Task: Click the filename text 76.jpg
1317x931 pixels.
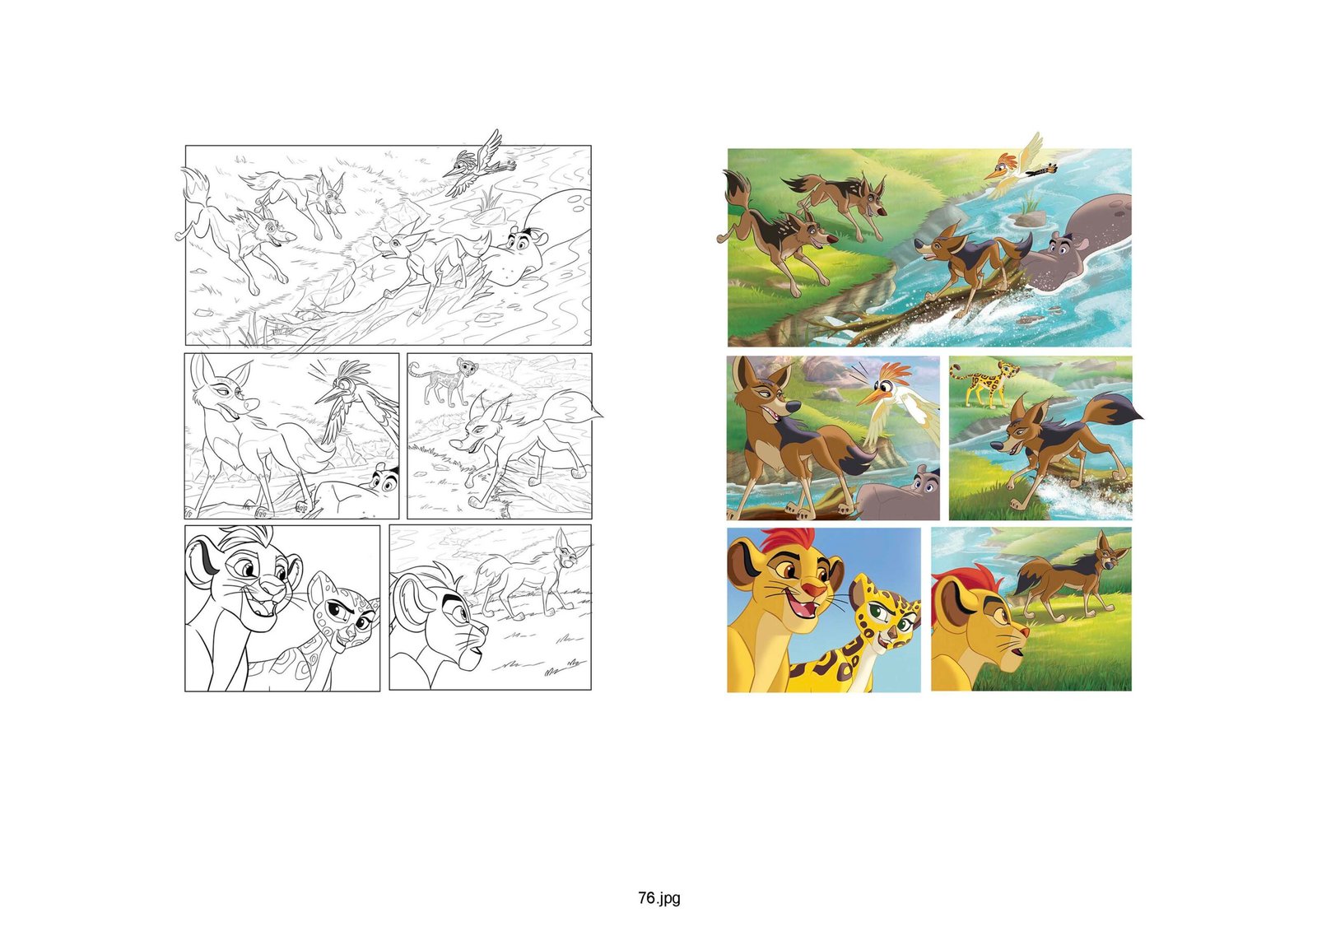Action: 659,897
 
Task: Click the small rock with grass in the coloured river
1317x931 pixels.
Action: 1030,216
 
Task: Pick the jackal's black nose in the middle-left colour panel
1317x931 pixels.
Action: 793,407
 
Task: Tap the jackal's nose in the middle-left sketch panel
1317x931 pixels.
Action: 251,405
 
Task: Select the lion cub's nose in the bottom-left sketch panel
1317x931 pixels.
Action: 272,584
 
